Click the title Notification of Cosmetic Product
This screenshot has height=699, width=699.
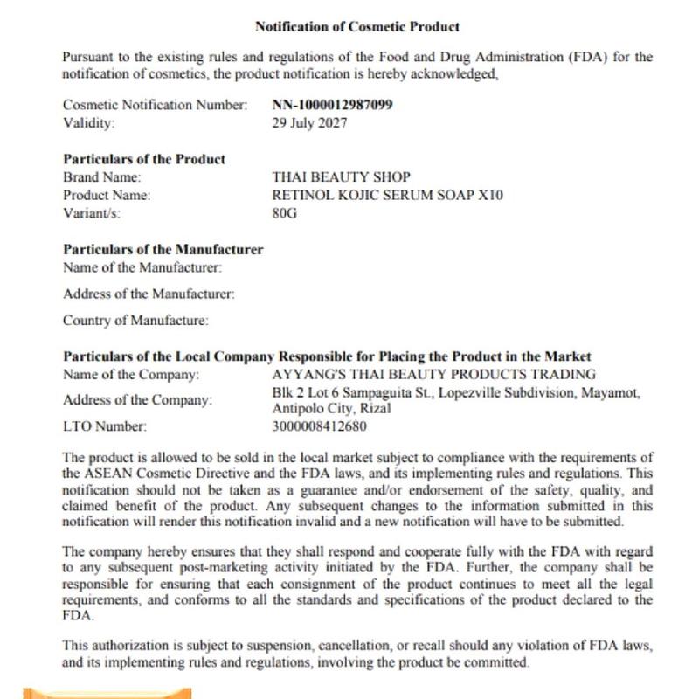coord(357,27)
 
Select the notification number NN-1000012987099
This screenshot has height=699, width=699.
coord(332,105)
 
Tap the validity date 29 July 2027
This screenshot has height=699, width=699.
coord(309,122)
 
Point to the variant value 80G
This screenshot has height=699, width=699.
coord(285,212)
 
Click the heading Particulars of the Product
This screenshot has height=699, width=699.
coord(144,159)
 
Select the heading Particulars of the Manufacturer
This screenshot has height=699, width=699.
coord(163,250)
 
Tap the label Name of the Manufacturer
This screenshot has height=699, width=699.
coord(142,267)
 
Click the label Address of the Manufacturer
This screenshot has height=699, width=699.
coord(149,294)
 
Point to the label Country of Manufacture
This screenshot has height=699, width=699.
coord(135,321)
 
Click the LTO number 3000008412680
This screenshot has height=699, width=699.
coord(320,427)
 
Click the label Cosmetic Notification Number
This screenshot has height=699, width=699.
coord(156,105)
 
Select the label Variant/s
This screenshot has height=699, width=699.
coord(92,212)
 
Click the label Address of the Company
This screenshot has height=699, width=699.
coord(137,401)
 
